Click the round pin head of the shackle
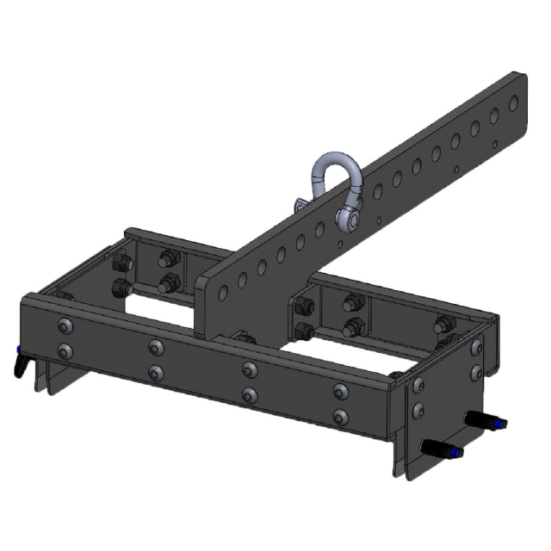pos(350,220)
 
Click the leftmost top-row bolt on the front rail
pos(65,325)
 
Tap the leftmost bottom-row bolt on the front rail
pos(65,350)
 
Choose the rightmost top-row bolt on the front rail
pos(341,390)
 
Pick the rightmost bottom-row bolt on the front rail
pos(341,417)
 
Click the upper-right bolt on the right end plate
pos(476,346)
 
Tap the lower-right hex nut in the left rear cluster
pos(170,282)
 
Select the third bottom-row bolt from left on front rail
pos(250,394)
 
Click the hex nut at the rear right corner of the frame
pos(443,325)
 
